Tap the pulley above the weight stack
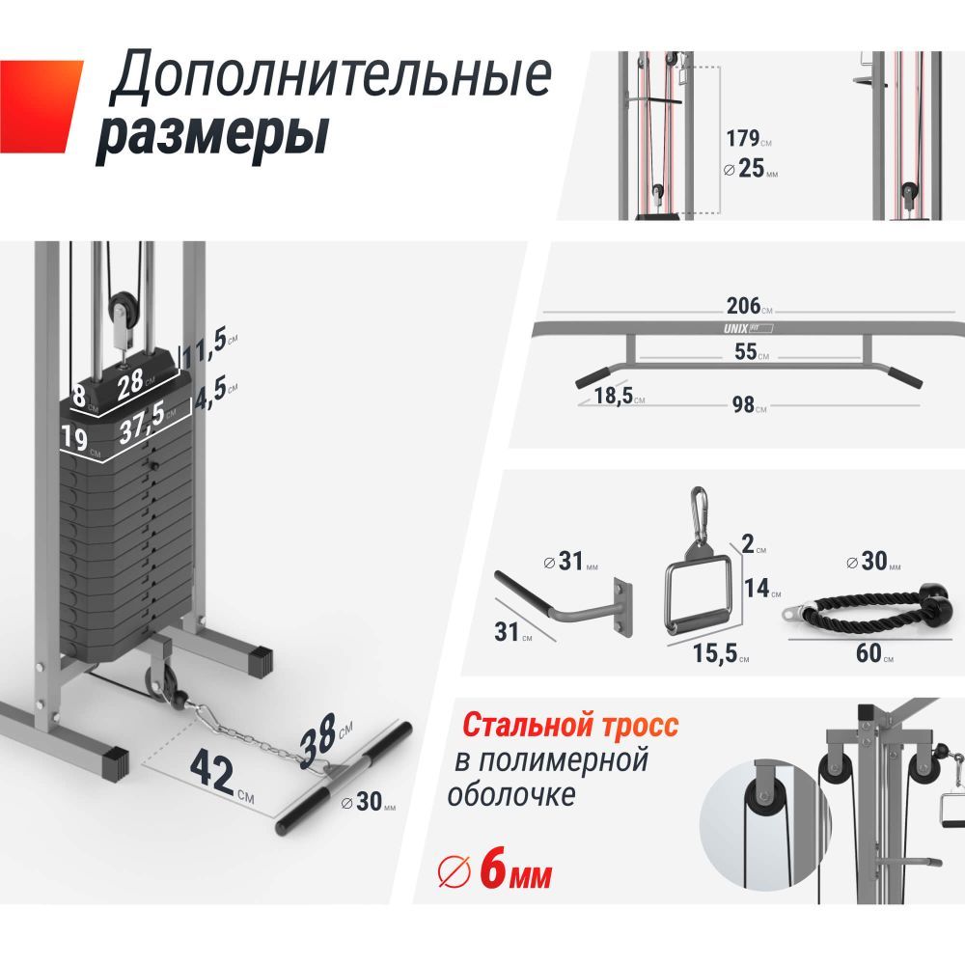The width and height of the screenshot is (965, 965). click(x=124, y=311)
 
